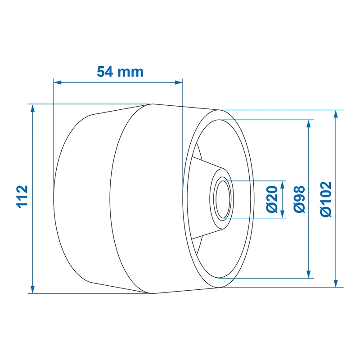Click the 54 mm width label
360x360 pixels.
pos(120,72)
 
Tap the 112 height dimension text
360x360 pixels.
pos(22,197)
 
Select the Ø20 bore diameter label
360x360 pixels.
pos(272,199)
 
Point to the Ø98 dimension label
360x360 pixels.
pos(299,199)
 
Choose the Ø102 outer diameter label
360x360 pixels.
pos(326,199)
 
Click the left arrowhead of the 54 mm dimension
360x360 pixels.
pos(58,82)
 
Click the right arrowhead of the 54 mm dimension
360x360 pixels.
pos(179,82)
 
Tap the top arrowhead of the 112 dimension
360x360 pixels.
pos(32,108)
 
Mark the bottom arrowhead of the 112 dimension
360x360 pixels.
pos(32,289)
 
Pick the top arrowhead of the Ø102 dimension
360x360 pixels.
pos(336,114)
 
